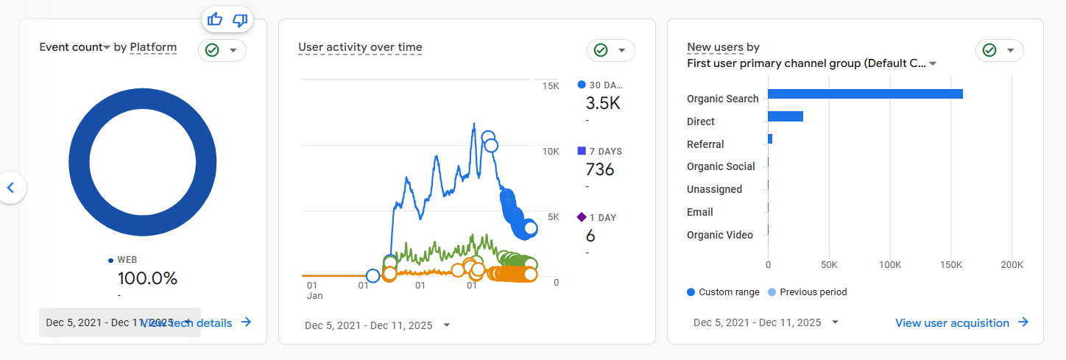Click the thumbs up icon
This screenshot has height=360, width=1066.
[215, 20]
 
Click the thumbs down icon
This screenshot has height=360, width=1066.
[240, 20]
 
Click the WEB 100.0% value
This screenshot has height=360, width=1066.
[147, 278]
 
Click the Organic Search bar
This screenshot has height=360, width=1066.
[865, 93]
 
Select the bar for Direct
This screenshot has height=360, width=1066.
[785, 116]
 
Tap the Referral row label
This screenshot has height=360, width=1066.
[705, 144]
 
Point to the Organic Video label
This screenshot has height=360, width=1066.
[719, 235]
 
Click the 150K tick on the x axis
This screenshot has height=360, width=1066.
[951, 265]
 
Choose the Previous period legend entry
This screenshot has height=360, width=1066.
[813, 292]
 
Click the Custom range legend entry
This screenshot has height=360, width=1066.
[728, 292]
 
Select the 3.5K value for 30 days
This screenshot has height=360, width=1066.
[603, 103]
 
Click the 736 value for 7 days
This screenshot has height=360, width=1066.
[599, 169]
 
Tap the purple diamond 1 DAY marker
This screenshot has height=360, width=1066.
[582, 217]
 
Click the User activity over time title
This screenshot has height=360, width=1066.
[360, 47]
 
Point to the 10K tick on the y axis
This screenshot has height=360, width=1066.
[550, 151]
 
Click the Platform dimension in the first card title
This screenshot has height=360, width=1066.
[153, 47]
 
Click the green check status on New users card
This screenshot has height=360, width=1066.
[989, 50]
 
